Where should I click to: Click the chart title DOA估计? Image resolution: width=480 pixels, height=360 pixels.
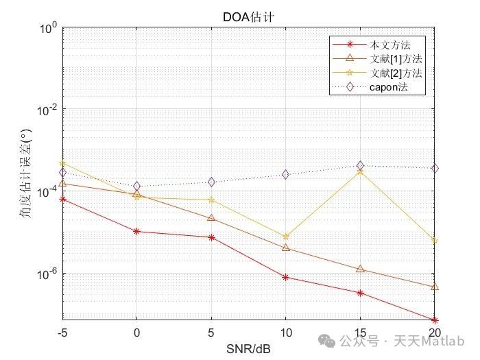point(248,16)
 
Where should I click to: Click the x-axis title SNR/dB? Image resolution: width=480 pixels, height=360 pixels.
point(248,349)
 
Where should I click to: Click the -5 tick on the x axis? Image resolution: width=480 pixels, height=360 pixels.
point(62,333)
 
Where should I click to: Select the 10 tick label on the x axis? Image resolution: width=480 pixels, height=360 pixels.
point(285,333)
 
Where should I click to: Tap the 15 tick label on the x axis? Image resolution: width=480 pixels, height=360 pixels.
point(360,333)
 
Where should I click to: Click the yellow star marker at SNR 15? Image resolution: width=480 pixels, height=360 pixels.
point(360,171)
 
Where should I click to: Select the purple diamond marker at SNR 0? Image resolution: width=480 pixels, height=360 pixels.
point(136,186)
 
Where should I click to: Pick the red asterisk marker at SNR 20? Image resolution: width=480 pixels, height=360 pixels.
point(435,320)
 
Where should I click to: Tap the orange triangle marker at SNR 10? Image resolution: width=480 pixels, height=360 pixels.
point(285,248)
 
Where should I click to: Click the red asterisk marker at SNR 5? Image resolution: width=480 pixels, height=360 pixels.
point(211,237)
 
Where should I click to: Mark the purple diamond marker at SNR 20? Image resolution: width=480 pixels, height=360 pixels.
point(435,168)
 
